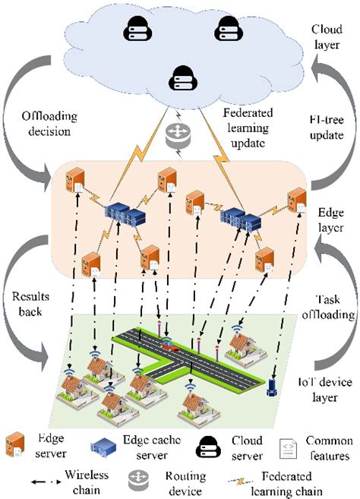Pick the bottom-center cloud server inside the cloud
[x=179, y=77]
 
